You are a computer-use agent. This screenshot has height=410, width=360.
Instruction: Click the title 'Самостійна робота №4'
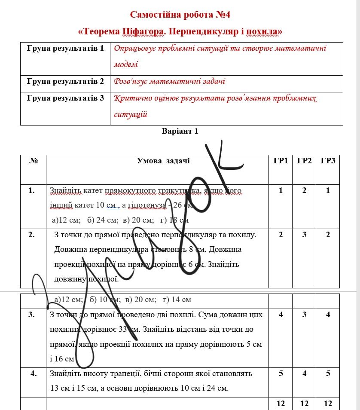180,15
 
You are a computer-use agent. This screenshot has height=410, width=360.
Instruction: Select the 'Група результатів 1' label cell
65,48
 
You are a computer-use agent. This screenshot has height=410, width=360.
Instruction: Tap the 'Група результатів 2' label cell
65,81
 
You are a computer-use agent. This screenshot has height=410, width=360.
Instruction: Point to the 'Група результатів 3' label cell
65,98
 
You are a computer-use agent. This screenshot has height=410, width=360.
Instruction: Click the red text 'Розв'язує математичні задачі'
170,81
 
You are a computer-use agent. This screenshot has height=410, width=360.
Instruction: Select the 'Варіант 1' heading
180,131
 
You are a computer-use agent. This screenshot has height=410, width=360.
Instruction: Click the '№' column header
33,161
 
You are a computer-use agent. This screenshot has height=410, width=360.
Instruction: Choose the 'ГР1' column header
281,161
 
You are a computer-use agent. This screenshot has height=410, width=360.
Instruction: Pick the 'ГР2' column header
304,161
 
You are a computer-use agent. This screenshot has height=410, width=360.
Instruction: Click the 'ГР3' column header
328,161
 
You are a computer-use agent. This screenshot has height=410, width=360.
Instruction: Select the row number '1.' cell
31,190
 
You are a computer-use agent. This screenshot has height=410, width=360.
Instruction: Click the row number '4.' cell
33,373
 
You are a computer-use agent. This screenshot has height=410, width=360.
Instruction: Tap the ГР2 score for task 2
304,235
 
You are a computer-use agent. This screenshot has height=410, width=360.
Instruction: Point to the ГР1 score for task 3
281,315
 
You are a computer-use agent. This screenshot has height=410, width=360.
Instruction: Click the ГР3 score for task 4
328,373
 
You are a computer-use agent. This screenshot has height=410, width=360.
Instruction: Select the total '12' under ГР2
304,404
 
